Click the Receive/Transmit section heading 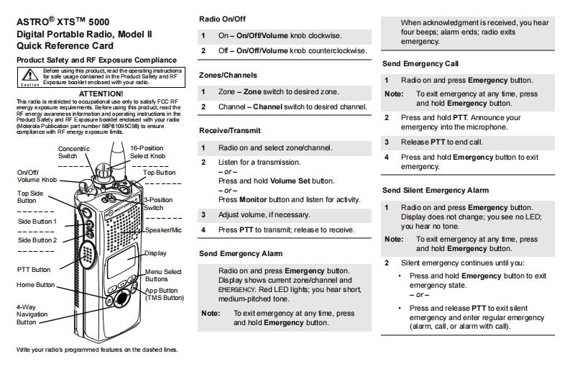(x=229, y=130)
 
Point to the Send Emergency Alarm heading (x=240, y=253)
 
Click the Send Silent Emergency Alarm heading (x=435, y=190)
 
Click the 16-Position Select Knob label (x=147, y=152)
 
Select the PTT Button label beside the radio (x=33, y=270)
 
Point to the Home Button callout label (x=36, y=285)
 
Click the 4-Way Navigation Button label (x=32, y=314)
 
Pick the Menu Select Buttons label (x=163, y=275)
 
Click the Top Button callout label (x=159, y=173)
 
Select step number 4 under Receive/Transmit (x=203, y=230)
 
